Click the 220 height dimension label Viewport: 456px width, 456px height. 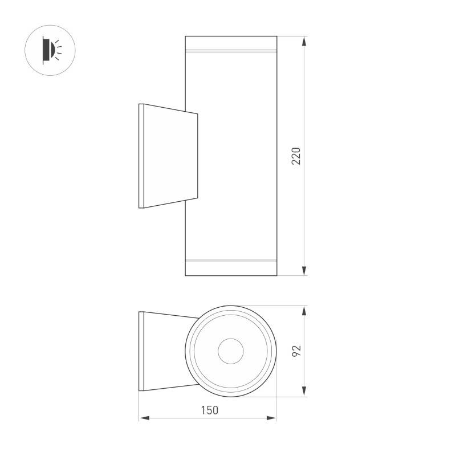pyautogui.click(x=296, y=156)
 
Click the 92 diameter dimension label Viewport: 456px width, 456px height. pyautogui.click(x=296, y=351)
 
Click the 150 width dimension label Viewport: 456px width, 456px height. pyautogui.click(x=209, y=410)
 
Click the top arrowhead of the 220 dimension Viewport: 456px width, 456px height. pyautogui.click(x=304, y=41)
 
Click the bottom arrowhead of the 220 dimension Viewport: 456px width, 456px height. pyautogui.click(x=304, y=270)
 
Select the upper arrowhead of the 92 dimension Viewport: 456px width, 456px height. pyautogui.click(x=304, y=311)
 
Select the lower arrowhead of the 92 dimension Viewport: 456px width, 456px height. pyautogui.click(x=304, y=392)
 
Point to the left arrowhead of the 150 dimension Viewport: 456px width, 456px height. pyautogui.click(x=144, y=418)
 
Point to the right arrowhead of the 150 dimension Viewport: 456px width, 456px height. pyautogui.click(x=271, y=418)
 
